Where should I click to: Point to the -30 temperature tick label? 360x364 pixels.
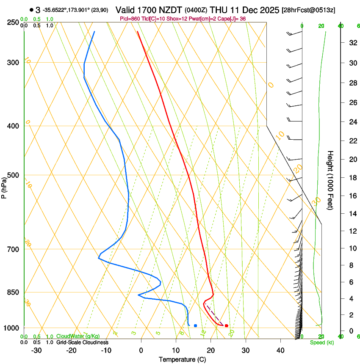[36, 350]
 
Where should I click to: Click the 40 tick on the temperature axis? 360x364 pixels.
[280, 350]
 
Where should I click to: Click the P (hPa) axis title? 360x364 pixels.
[4, 187]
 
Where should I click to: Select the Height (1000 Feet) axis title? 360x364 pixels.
[331, 180]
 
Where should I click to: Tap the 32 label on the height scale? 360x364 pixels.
[352, 42]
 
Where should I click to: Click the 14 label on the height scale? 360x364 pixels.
[352, 214]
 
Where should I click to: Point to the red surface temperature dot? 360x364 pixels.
[227, 325]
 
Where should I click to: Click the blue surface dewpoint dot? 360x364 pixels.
[195, 325]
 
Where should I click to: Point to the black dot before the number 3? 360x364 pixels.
[31, 10]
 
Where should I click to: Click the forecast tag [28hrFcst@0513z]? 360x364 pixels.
[308, 10]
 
